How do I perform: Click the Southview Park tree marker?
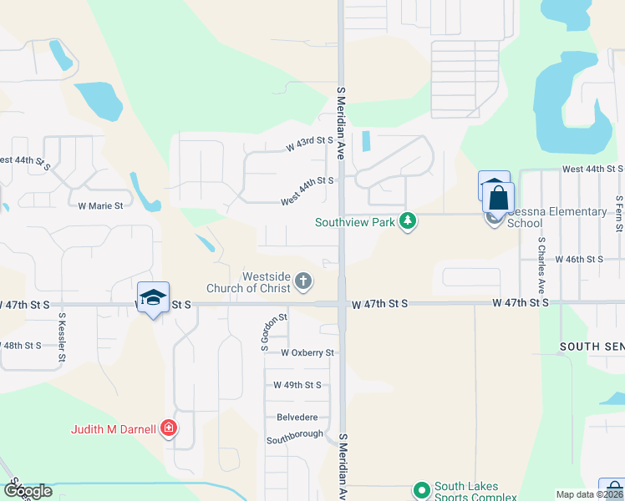coord(408,221)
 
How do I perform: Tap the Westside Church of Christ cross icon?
coord(303,281)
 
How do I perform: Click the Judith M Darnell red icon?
coord(169,428)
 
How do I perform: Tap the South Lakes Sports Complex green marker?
coord(421,489)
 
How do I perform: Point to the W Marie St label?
coord(100,205)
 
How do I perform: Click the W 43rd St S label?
coord(310,144)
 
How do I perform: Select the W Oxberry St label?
coord(307,353)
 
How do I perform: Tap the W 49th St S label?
coord(297,385)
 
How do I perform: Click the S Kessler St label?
coord(62,338)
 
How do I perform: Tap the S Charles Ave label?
coord(541,265)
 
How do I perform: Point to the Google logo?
coord(28,491)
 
